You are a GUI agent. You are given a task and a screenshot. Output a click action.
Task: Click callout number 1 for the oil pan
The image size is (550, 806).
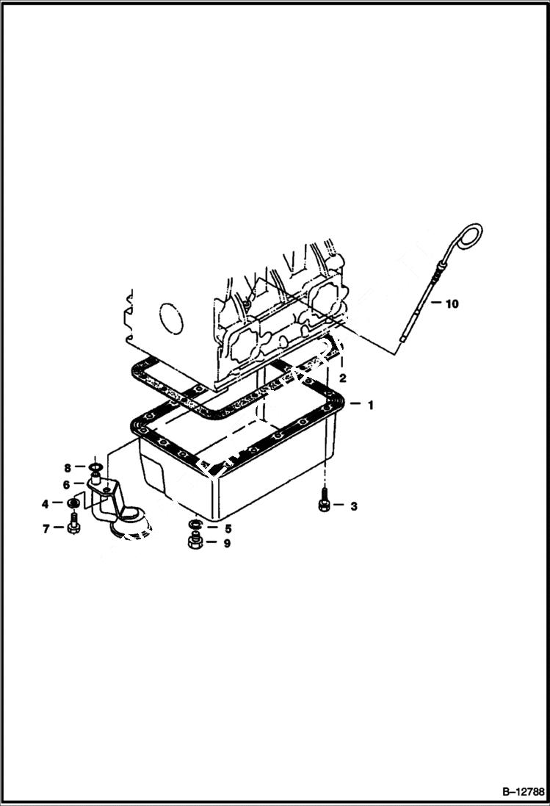pos(371,405)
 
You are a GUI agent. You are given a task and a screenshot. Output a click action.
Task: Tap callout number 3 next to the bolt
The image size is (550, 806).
pos(353,505)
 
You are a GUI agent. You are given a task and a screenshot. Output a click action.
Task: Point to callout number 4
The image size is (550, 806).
pos(46,503)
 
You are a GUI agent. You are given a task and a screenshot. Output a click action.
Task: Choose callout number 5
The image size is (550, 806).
pos(228,528)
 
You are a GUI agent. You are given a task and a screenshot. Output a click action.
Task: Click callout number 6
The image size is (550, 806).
pos(66,485)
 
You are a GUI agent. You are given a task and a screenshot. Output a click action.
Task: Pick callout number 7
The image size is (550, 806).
pos(46,528)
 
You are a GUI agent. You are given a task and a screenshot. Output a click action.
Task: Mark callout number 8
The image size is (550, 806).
pos(67,467)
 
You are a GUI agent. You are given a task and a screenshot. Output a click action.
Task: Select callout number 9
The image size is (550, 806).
pos(228,544)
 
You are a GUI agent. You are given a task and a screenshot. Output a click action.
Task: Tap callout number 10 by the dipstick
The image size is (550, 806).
pos(452,303)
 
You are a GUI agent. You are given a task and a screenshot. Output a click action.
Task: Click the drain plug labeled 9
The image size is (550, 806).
pos(195,544)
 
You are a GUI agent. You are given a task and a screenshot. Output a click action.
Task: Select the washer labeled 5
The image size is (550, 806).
pos(195,525)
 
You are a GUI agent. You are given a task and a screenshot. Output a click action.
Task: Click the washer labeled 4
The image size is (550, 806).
pos(73,503)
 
